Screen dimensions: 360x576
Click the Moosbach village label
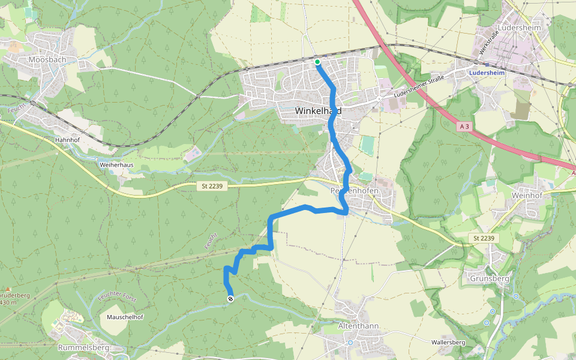coord(47,59)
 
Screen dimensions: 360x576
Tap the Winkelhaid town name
coord(319,111)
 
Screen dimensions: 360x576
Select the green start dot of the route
coord(317,61)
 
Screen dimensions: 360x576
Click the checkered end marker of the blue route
coord(230,299)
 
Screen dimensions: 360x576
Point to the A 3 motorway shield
coord(464,127)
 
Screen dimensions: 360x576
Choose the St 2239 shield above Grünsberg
coord(483,239)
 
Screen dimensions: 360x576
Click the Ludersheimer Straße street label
coord(422,86)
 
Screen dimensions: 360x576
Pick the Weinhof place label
coord(527,195)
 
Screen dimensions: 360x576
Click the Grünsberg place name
coord(490,278)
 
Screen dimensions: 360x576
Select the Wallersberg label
coord(448,342)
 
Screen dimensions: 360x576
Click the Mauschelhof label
coord(125,316)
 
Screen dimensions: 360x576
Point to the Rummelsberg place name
coord(83,347)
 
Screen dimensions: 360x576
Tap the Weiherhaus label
coord(116,164)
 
